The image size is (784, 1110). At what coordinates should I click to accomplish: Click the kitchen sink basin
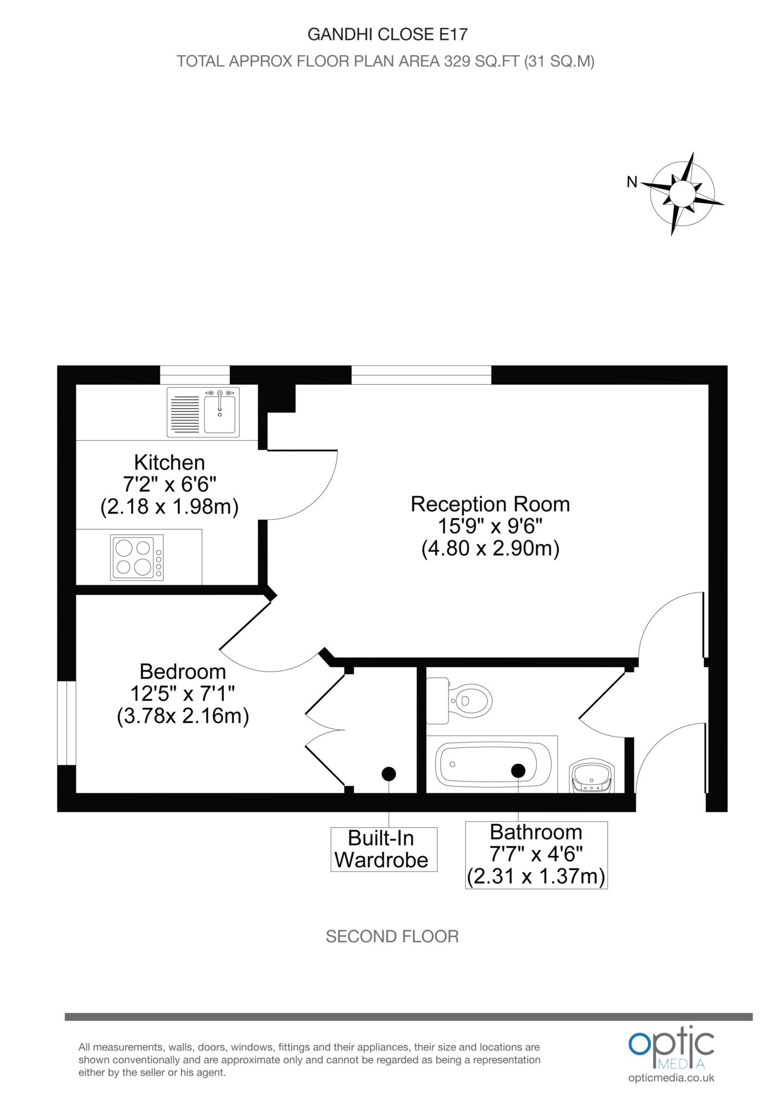[x=219, y=414]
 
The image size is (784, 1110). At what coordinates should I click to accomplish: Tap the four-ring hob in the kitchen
[x=137, y=558]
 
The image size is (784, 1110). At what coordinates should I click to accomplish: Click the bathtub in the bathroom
[x=493, y=765]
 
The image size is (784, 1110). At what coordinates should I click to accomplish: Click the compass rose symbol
[x=683, y=193]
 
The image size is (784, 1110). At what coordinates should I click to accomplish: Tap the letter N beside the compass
[x=632, y=183]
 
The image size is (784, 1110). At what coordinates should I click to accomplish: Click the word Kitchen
[x=170, y=462]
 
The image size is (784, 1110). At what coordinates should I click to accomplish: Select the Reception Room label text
[x=490, y=504]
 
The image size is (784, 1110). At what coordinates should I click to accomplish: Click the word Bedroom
[x=183, y=672]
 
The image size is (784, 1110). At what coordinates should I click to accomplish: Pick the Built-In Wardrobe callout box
[x=383, y=849]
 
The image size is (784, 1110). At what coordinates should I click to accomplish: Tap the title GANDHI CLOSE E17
[x=387, y=35]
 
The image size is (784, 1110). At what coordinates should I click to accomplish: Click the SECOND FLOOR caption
[x=392, y=936]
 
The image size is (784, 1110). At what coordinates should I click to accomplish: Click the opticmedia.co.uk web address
[x=671, y=1078]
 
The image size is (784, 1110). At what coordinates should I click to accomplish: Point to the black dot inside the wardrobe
[x=388, y=774]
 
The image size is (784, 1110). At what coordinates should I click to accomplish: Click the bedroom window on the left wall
[x=67, y=723]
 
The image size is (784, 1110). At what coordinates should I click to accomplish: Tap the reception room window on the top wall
[x=422, y=375]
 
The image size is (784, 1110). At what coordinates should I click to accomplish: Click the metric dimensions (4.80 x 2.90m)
[x=490, y=549]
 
